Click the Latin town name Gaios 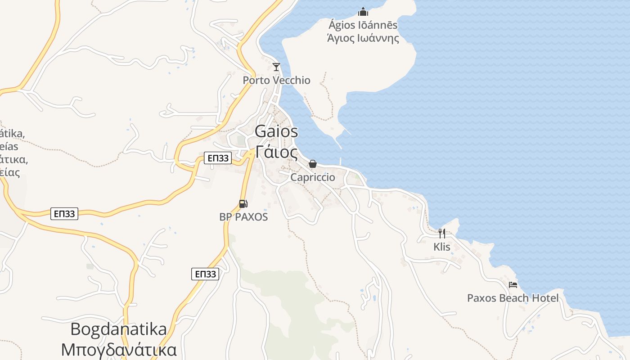[x=276, y=131]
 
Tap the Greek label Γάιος [x=276, y=152]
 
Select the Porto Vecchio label [x=276, y=80]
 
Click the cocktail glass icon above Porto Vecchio [x=276, y=67]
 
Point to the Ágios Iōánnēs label [x=363, y=24]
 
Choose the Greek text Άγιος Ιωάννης [x=363, y=38]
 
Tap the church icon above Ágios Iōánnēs [x=363, y=12]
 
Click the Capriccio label [x=313, y=177]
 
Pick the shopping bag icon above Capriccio [x=313, y=164]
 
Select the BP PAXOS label [x=243, y=217]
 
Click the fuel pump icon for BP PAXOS [x=243, y=204]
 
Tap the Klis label [x=442, y=247]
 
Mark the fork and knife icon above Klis [x=442, y=233]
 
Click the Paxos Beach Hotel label [x=513, y=298]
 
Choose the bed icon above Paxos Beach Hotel [x=513, y=284]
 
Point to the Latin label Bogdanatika [x=118, y=329]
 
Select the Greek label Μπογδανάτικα [x=118, y=350]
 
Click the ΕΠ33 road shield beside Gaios [x=218, y=158]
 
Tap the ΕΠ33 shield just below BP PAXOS [x=205, y=274]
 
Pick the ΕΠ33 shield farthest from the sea [x=64, y=214]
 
